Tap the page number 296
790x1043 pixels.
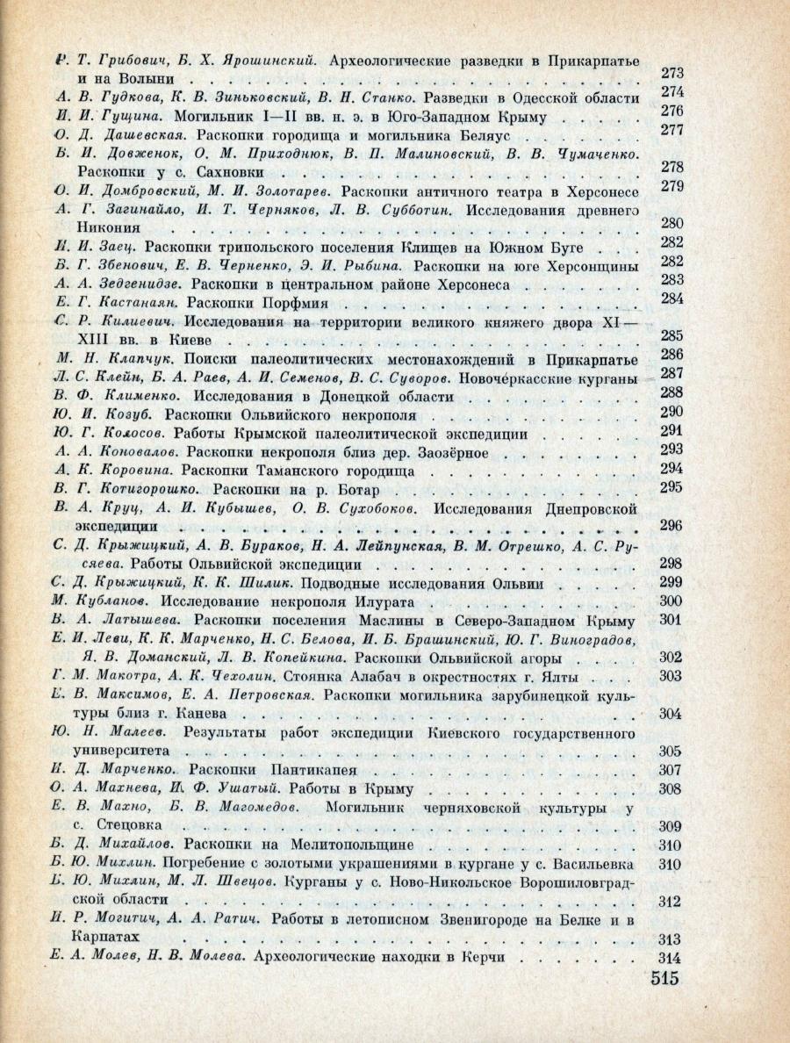point(670,526)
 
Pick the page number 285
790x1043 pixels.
point(671,335)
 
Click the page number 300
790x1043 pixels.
point(670,601)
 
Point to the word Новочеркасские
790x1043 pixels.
point(521,375)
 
